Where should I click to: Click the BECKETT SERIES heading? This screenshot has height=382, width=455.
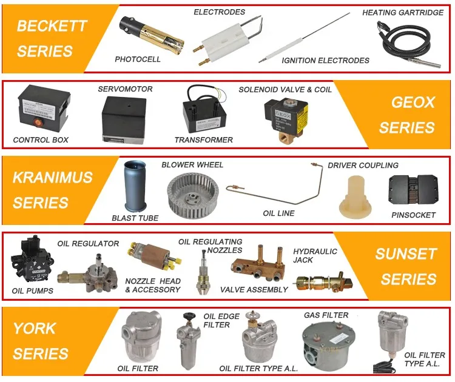coord(52,38)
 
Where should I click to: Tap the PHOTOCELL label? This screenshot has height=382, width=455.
coord(138,59)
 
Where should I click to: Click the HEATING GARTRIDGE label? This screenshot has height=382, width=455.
coord(403,13)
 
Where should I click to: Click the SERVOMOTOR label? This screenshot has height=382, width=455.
coord(126,89)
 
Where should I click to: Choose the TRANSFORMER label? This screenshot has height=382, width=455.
coord(203,140)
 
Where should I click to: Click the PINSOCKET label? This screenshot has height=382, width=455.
coord(414,214)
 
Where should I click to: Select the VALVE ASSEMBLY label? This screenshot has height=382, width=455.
coord(254,290)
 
